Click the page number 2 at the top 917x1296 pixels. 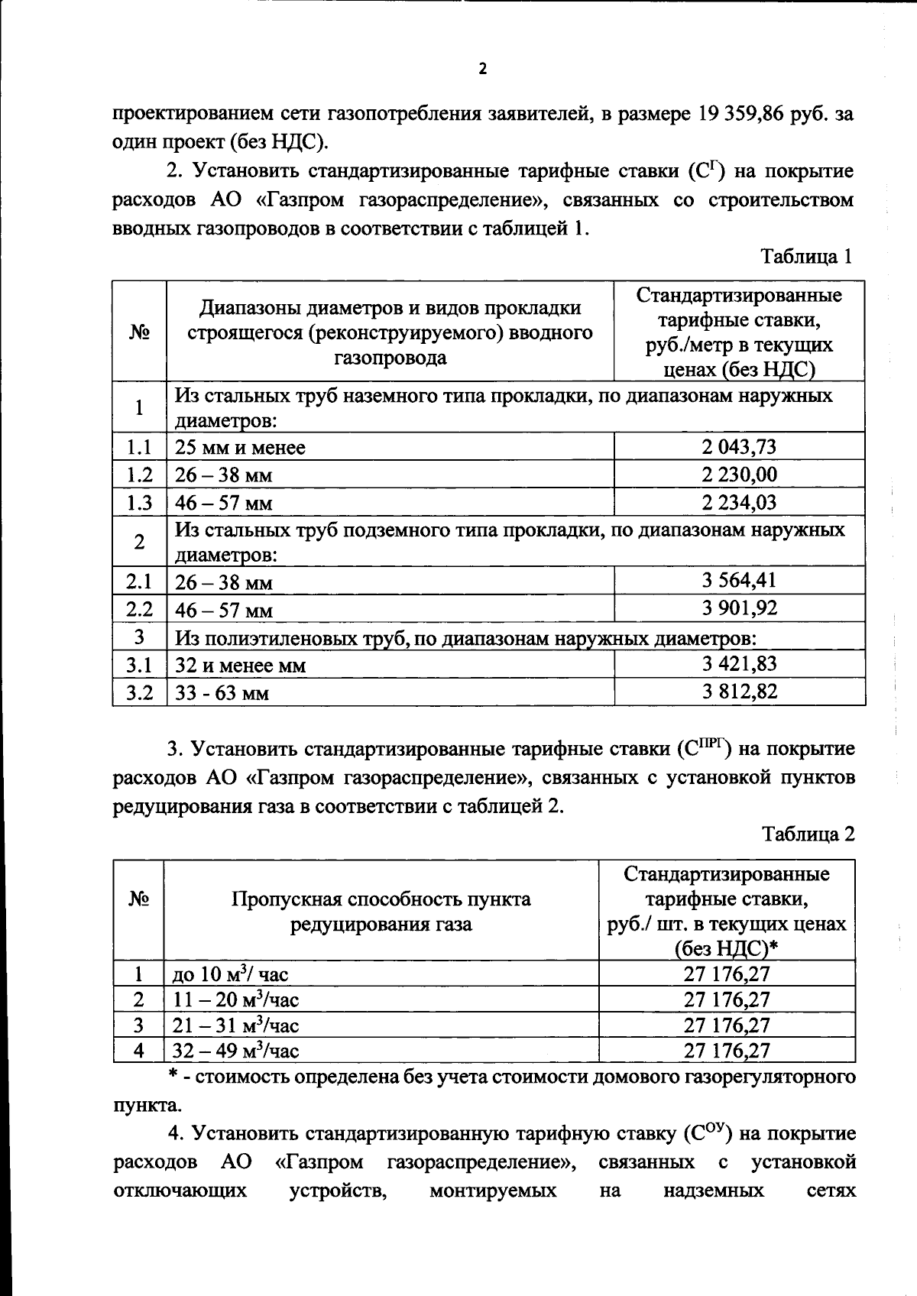click(481, 70)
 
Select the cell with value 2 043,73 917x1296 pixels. click(739, 447)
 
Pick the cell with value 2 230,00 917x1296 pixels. click(739, 475)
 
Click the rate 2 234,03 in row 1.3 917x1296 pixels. click(739, 502)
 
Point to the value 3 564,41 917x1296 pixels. click(739, 581)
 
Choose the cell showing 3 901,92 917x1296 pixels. click(739, 608)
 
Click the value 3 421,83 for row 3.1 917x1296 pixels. click(739, 664)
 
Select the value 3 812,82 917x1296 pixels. click(739, 692)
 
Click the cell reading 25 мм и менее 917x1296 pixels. click(240, 448)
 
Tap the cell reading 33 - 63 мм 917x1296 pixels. click(222, 693)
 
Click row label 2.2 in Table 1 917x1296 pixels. click(139, 609)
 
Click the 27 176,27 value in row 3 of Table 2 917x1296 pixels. click(727, 1025)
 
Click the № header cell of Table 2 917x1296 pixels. click(138, 899)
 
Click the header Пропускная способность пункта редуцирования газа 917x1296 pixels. click(381, 912)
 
